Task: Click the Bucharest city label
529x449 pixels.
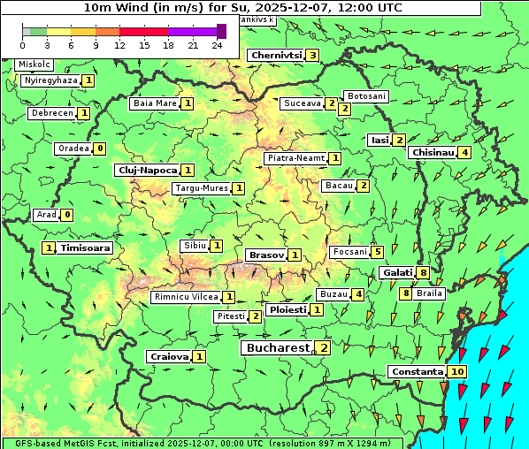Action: (277, 348)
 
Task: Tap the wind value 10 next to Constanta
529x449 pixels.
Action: (456, 371)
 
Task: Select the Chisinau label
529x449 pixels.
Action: (433, 152)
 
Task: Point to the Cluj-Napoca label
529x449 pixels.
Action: (147, 170)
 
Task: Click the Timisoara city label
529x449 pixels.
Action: (86, 248)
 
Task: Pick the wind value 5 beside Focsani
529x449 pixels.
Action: (377, 252)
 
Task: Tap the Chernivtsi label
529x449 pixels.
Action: (276, 55)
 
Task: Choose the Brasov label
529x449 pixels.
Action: (266, 255)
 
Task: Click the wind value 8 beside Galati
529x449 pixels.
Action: (424, 272)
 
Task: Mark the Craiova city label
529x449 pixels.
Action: (169, 356)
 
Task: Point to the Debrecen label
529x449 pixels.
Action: (51, 113)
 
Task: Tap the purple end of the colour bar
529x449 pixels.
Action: (221, 31)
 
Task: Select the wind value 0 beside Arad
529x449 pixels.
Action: (67, 215)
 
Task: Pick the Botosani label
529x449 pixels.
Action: (366, 95)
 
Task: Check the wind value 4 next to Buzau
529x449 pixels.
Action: (357, 293)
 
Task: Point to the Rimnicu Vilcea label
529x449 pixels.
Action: (186, 297)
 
